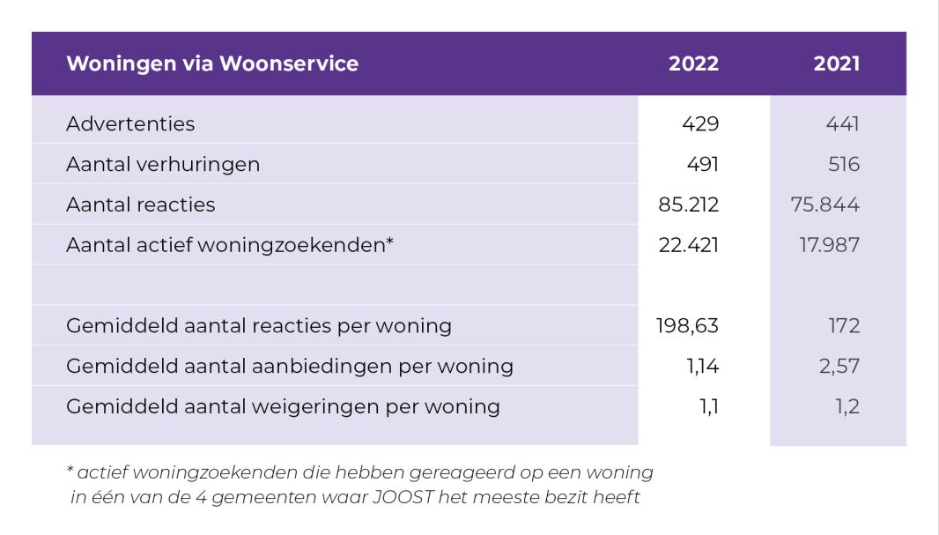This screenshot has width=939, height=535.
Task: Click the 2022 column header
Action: tap(693, 63)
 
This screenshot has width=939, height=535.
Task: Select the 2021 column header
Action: tap(837, 63)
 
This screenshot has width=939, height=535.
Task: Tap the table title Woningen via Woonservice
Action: tap(212, 63)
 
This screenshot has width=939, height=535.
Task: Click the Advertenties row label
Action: tap(130, 123)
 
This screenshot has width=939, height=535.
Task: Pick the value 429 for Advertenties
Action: tap(700, 123)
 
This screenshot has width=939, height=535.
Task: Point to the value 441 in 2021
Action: tap(843, 123)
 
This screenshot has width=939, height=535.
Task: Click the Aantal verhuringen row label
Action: tap(163, 164)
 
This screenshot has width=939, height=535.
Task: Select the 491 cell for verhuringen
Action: tap(702, 164)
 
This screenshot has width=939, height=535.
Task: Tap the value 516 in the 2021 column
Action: tap(844, 164)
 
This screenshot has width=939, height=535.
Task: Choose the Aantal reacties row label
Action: tap(141, 204)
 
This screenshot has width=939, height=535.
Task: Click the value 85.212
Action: tap(688, 204)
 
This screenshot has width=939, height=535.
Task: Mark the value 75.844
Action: tap(825, 204)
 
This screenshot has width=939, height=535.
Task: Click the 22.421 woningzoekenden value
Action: tap(689, 244)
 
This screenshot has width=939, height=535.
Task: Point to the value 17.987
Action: tap(830, 244)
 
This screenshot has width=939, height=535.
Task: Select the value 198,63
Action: tap(687, 325)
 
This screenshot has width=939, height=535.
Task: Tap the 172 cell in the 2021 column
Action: tap(845, 325)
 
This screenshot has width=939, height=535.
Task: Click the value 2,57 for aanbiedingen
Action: tap(839, 366)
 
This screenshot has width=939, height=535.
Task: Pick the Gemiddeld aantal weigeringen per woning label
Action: tap(284, 406)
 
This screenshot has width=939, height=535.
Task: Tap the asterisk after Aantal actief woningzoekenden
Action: tap(390, 241)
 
